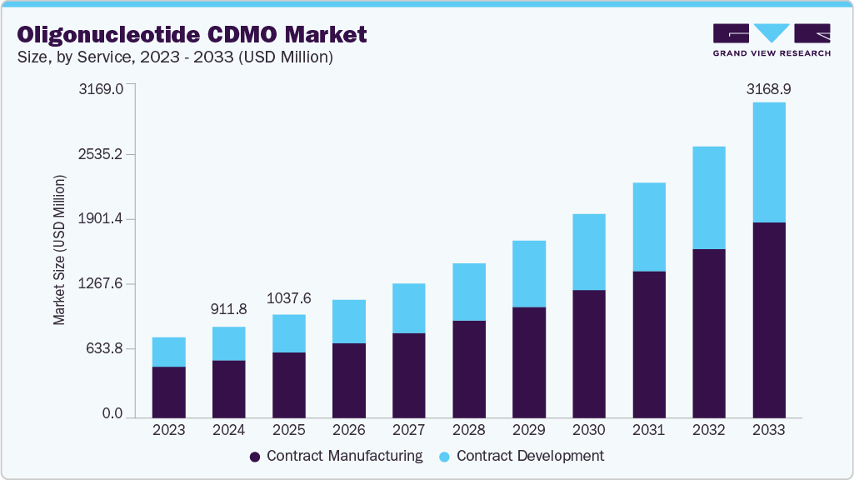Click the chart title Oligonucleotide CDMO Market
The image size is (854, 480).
(192, 34)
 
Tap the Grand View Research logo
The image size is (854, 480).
(772, 40)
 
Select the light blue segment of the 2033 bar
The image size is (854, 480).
(768, 162)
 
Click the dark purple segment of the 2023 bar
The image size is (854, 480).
(168, 392)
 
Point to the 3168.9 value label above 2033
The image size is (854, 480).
(768, 87)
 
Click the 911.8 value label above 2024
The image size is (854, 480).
(229, 309)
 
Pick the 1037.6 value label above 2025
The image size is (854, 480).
(289, 297)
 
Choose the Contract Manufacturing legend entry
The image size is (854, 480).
(337, 456)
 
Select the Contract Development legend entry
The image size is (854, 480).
(521, 456)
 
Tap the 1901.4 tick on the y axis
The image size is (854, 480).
(101, 219)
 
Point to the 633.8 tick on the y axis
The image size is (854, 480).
(105, 349)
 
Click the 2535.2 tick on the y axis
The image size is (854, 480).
(101, 154)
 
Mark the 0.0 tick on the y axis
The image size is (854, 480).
(112, 414)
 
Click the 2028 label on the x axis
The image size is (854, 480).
(468, 430)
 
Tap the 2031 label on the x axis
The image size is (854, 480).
(648, 430)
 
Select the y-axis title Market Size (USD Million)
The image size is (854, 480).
(59, 250)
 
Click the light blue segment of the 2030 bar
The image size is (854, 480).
(588, 252)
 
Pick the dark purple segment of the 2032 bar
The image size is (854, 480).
(708, 333)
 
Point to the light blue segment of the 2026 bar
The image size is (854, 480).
(348, 322)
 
